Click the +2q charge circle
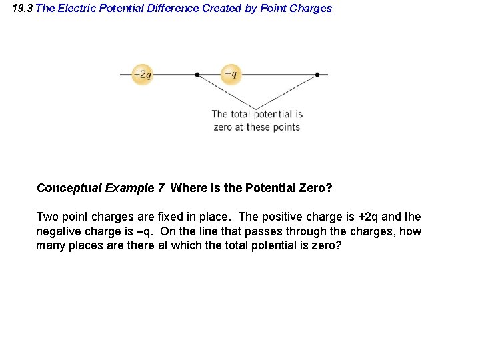[142, 74]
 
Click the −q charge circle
[230, 74]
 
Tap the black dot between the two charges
[197, 75]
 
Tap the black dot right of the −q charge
[317, 75]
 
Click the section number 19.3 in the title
[22, 9]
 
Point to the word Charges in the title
[309, 9]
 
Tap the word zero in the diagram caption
[222, 127]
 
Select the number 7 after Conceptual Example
[161, 188]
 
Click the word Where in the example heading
[187, 188]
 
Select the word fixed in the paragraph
[172, 217]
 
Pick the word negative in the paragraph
[58, 231]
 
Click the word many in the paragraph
[50, 246]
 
